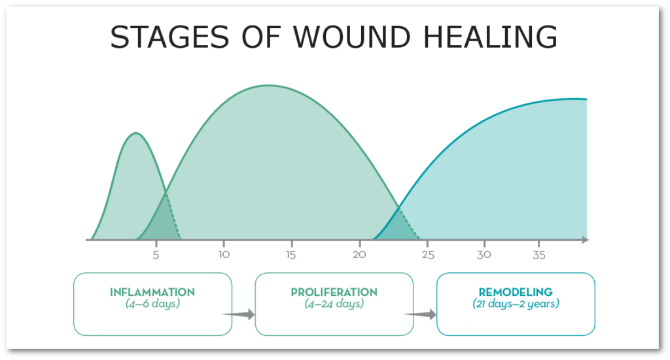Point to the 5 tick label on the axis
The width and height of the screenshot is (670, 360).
[156, 255]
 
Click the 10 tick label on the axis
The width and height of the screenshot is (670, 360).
[223, 255]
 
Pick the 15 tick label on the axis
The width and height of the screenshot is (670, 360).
[291, 255]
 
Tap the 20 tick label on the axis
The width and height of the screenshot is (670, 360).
[359, 255]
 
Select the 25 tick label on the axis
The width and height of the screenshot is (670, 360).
[428, 255]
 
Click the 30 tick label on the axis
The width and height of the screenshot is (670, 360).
[484, 255]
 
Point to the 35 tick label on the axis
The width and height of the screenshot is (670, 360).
[539, 255]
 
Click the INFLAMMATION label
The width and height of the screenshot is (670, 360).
[152, 292]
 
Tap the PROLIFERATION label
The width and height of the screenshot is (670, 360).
[334, 292]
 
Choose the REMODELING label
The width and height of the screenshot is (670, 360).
[516, 292]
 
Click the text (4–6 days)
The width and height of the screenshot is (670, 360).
[152, 304]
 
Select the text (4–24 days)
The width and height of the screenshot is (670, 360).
[334, 304]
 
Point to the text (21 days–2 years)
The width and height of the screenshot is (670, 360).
[516, 304]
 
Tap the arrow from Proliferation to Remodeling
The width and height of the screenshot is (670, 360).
[421, 315]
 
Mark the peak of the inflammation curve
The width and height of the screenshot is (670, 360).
[135, 134]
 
